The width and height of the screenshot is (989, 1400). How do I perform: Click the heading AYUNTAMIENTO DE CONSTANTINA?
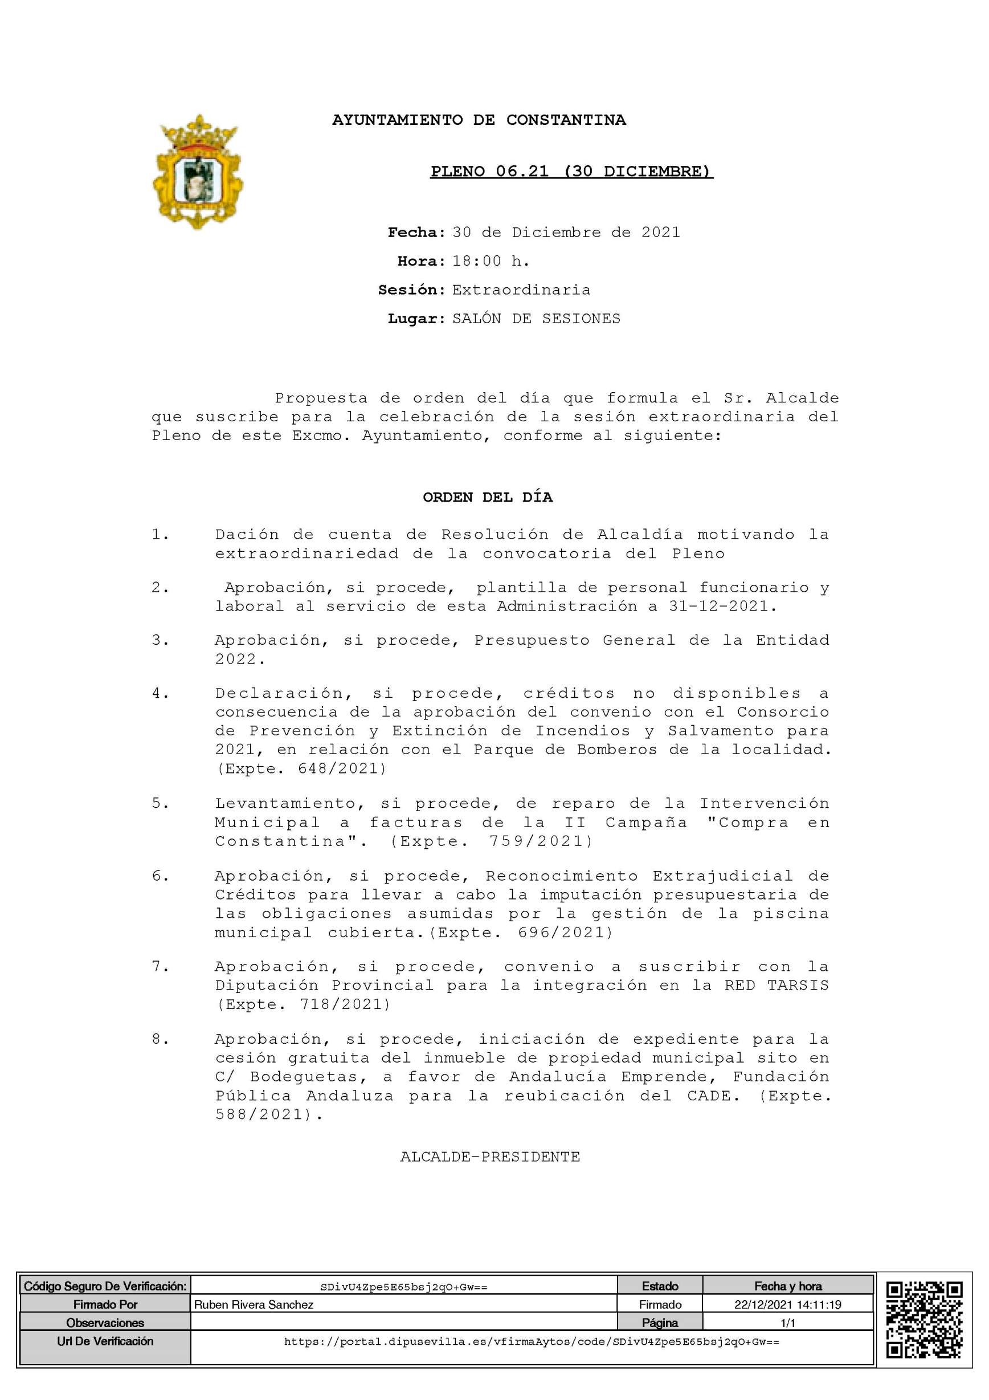(x=479, y=120)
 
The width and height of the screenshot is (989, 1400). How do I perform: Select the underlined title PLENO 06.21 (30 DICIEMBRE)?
(x=571, y=172)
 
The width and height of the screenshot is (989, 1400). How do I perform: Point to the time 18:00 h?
(x=491, y=262)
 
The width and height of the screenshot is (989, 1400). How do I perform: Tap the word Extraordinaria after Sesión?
(x=521, y=290)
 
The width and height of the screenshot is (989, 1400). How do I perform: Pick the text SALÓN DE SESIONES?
(x=536, y=319)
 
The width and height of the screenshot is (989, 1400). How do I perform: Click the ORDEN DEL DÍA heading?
(x=488, y=498)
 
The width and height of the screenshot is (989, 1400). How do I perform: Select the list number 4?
(x=160, y=694)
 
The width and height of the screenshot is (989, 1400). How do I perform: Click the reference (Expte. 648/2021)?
(x=301, y=769)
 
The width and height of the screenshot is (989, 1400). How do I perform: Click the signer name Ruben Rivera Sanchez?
(x=254, y=1305)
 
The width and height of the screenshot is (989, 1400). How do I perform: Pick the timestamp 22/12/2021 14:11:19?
(x=787, y=1305)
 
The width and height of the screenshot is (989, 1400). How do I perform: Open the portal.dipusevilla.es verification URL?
(x=532, y=1342)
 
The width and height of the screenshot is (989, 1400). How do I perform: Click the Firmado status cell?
(x=659, y=1305)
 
